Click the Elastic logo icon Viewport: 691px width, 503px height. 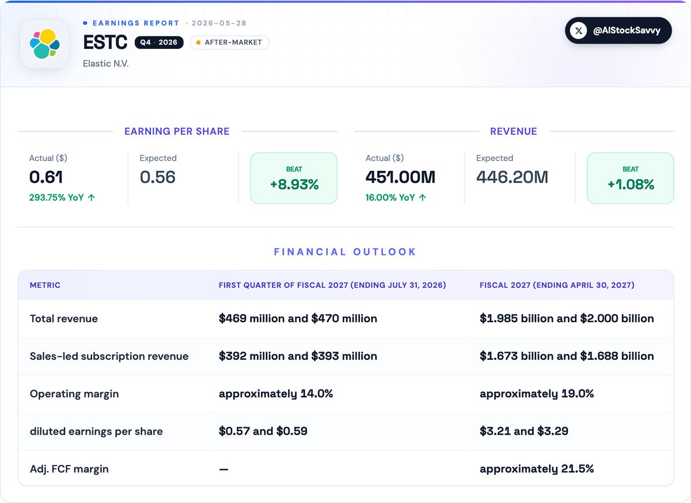45,44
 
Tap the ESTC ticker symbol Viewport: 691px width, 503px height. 105,42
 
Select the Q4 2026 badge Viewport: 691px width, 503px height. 159,42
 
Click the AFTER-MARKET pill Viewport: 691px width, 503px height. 230,42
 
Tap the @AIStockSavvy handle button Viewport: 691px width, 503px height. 618,31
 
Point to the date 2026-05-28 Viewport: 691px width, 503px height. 219,23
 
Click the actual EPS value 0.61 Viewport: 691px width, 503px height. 46,177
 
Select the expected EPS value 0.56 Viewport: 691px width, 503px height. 158,177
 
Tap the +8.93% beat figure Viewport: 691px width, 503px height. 294,184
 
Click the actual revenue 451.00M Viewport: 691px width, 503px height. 400,177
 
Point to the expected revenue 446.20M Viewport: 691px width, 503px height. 512,177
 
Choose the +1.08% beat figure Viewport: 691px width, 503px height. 631,184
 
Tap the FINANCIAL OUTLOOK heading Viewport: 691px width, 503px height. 345,251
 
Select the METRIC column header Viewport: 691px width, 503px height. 45,285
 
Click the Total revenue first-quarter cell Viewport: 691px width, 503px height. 298,318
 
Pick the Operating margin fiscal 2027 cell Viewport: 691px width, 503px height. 537,394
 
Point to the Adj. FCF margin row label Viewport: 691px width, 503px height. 69,469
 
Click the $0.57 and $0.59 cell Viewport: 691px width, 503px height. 263,431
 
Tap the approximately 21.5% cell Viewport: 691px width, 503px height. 537,469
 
